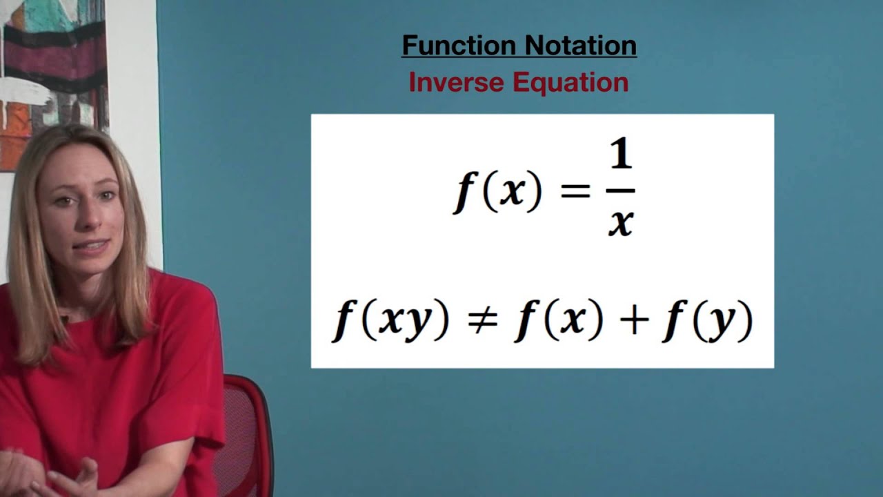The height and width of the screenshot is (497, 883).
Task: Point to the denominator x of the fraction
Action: (621, 223)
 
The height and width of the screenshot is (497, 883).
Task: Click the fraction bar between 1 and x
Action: (621, 191)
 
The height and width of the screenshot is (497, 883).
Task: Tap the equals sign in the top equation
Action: (575, 191)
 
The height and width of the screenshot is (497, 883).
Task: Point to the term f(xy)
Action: (391, 322)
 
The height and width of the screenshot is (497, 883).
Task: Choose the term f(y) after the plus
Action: (706, 322)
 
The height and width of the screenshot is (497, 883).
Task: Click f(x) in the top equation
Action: (497, 191)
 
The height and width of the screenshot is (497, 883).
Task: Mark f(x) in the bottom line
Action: (559, 322)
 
